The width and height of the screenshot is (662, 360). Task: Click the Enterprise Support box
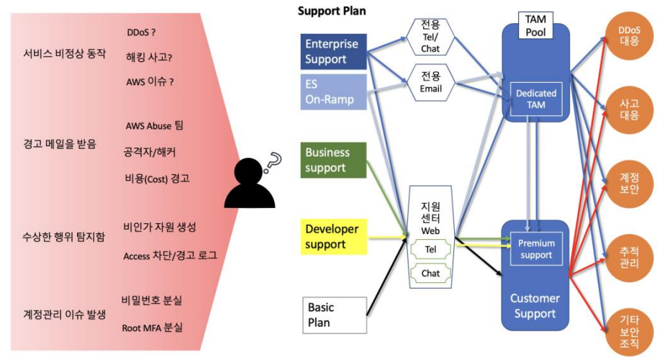click(334, 52)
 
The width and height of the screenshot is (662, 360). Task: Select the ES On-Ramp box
click(334, 92)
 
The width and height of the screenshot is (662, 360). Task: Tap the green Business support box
click(334, 160)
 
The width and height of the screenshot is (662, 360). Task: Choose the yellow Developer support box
click(334, 237)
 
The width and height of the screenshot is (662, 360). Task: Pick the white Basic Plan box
click(335, 315)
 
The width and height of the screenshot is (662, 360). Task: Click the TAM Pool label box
click(535, 25)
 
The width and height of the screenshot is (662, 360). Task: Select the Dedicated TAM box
click(536, 99)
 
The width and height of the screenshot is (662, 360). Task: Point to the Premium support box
click(536, 249)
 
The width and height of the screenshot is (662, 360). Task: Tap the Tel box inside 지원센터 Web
click(430, 249)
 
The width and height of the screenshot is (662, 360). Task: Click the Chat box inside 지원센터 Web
click(430, 274)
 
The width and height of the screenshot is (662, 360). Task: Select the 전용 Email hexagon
click(430, 82)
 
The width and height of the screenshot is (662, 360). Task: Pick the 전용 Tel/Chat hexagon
click(430, 37)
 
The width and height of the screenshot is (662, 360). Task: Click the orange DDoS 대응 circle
click(629, 36)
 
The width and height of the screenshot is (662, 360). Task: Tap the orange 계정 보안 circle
click(629, 184)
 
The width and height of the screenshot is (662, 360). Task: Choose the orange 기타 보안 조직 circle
click(629, 331)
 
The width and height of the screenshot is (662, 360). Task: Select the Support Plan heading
click(332, 11)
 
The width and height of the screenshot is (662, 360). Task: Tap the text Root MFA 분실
click(153, 328)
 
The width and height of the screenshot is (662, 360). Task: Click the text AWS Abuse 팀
click(155, 125)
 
